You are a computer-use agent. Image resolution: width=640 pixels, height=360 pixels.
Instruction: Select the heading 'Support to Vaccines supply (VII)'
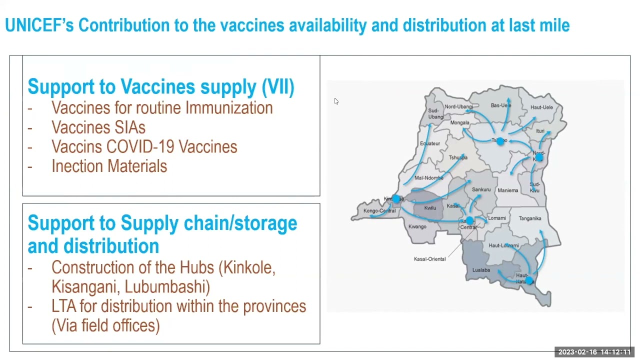160,86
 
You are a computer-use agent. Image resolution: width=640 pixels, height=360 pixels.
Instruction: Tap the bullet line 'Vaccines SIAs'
98,127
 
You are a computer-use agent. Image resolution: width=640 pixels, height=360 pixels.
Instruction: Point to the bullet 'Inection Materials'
109,166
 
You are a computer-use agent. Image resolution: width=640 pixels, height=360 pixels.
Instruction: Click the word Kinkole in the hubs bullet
249,267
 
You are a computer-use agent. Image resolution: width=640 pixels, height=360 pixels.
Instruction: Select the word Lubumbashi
167,287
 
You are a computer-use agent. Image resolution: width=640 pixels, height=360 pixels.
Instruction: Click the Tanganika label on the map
530,218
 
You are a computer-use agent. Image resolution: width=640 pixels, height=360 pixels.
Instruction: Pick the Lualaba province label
481,270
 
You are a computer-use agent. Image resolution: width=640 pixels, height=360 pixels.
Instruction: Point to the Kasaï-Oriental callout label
429,259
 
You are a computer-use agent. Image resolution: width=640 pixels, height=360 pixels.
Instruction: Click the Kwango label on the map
417,226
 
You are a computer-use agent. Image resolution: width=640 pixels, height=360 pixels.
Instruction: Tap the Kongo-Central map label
379,211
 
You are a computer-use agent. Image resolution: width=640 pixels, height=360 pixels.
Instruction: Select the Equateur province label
430,143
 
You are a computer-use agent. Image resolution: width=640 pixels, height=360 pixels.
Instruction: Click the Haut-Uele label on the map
541,107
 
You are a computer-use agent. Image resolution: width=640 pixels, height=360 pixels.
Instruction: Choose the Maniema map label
508,190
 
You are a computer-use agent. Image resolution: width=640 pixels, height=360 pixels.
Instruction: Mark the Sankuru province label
481,189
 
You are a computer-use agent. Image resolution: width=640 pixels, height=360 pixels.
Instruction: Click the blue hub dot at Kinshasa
396,199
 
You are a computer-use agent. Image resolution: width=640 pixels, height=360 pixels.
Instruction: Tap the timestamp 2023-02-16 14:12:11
594,352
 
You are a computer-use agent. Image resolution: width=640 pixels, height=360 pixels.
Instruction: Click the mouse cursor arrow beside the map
336,101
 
